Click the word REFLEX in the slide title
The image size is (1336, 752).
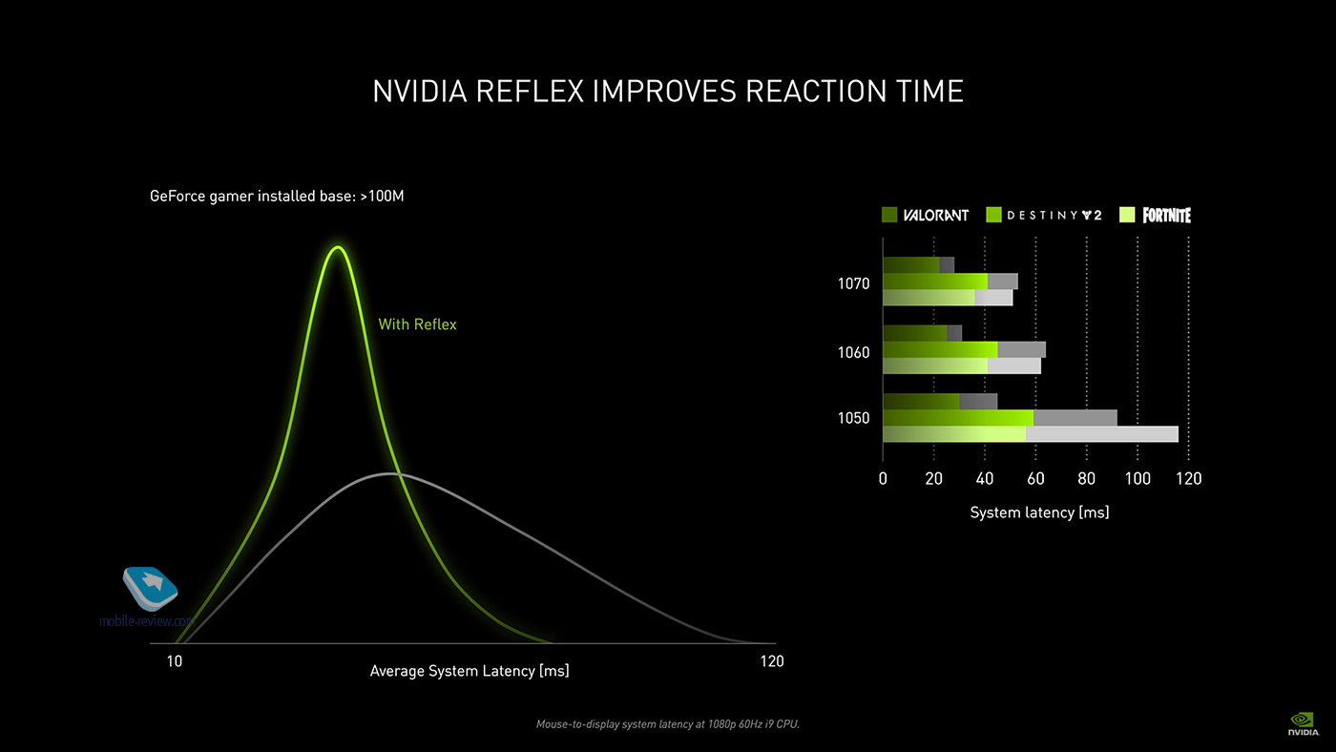pyautogui.click(x=529, y=92)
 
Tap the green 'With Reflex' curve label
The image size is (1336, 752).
pyautogui.click(x=418, y=324)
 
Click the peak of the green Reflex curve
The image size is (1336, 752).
pyautogui.click(x=338, y=247)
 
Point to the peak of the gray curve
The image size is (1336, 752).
pyautogui.click(x=389, y=473)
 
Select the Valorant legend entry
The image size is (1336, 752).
pyautogui.click(x=925, y=216)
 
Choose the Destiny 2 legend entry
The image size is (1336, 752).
pyautogui.click(x=1044, y=216)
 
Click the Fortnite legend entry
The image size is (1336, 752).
pyautogui.click(x=1156, y=216)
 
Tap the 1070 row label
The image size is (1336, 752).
pyautogui.click(x=853, y=283)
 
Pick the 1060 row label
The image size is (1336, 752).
pyautogui.click(x=853, y=353)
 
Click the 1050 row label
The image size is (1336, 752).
pyautogui.click(x=853, y=419)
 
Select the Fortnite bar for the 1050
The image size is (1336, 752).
pyautogui.click(x=1031, y=434)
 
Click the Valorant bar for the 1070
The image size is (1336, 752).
pyautogui.click(x=918, y=264)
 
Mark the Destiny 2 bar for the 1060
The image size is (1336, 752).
pyautogui.click(x=965, y=349)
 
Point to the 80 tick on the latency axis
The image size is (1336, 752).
pyautogui.click(x=1086, y=479)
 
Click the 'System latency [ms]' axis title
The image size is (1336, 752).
pyautogui.click(x=1039, y=512)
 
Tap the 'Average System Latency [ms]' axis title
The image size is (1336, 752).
pyautogui.click(x=470, y=672)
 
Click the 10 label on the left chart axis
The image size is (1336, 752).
pyautogui.click(x=174, y=661)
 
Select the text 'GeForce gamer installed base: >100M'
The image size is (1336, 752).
pyautogui.click(x=277, y=197)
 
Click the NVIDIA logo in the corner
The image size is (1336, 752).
pyautogui.click(x=1304, y=724)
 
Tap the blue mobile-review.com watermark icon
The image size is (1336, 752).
pyautogui.click(x=150, y=588)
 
